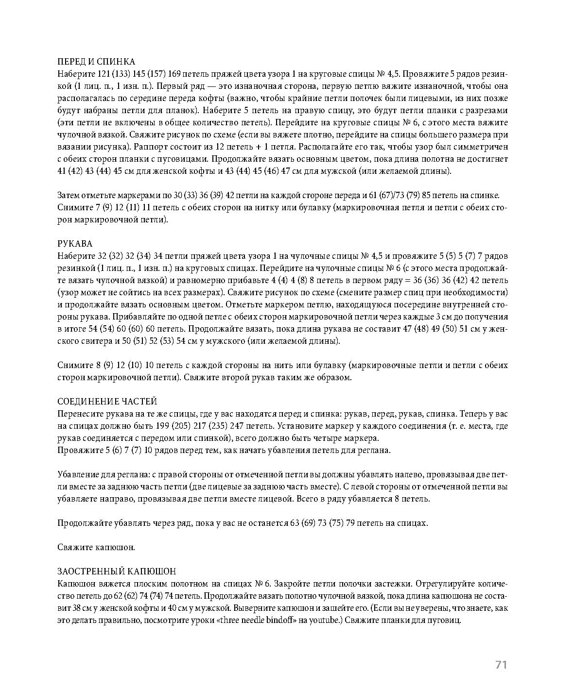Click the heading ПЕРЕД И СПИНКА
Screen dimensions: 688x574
(x=96, y=62)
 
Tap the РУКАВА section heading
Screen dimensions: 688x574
(x=75, y=243)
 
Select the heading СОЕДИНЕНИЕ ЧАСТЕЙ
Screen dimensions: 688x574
(x=107, y=402)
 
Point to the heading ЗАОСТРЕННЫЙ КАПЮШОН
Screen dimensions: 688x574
(x=117, y=571)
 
